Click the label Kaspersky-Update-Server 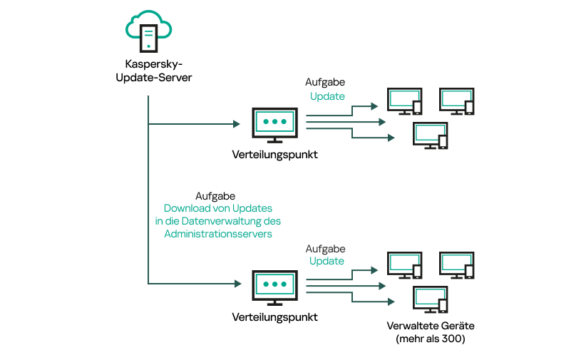tap(153, 71)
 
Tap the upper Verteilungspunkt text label tap(274, 155)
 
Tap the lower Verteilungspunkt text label tap(274, 317)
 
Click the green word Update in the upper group tap(327, 96)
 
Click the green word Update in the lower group tap(327, 261)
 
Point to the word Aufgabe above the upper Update tap(325, 83)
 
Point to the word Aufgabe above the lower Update tap(325, 249)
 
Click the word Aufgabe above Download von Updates tap(215, 195)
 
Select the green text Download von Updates tap(218, 208)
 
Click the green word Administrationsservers tap(218, 234)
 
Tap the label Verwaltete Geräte tap(430, 326)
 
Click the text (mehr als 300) tap(430, 339)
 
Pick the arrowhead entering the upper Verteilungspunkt tap(236, 124)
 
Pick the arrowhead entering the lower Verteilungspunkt tap(236, 284)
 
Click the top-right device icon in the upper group tap(456, 101)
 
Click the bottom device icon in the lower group tap(431, 299)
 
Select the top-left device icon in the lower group tap(404, 266)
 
